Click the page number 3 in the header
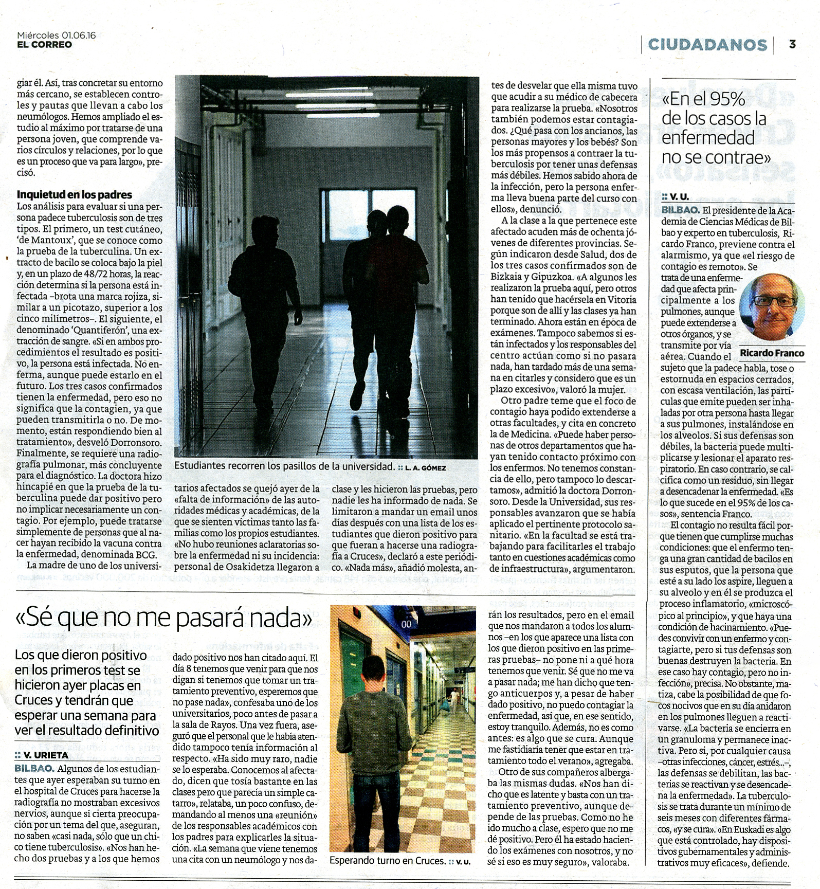[x=792, y=44]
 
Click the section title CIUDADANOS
[x=707, y=45]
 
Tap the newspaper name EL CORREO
[x=44, y=45]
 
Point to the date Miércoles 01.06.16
[x=57, y=35]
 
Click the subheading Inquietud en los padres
[x=75, y=194]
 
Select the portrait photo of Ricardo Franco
[x=772, y=307]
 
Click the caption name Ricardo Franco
[x=772, y=353]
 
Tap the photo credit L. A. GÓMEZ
[x=425, y=468]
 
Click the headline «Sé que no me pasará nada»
[x=164, y=619]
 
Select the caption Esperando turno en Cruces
[x=387, y=861]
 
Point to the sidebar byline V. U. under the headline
[x=679, y=196]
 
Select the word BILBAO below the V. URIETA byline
[x=34, y=769]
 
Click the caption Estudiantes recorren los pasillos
[x=284, y=467]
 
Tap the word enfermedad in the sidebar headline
[x=707, y=138]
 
